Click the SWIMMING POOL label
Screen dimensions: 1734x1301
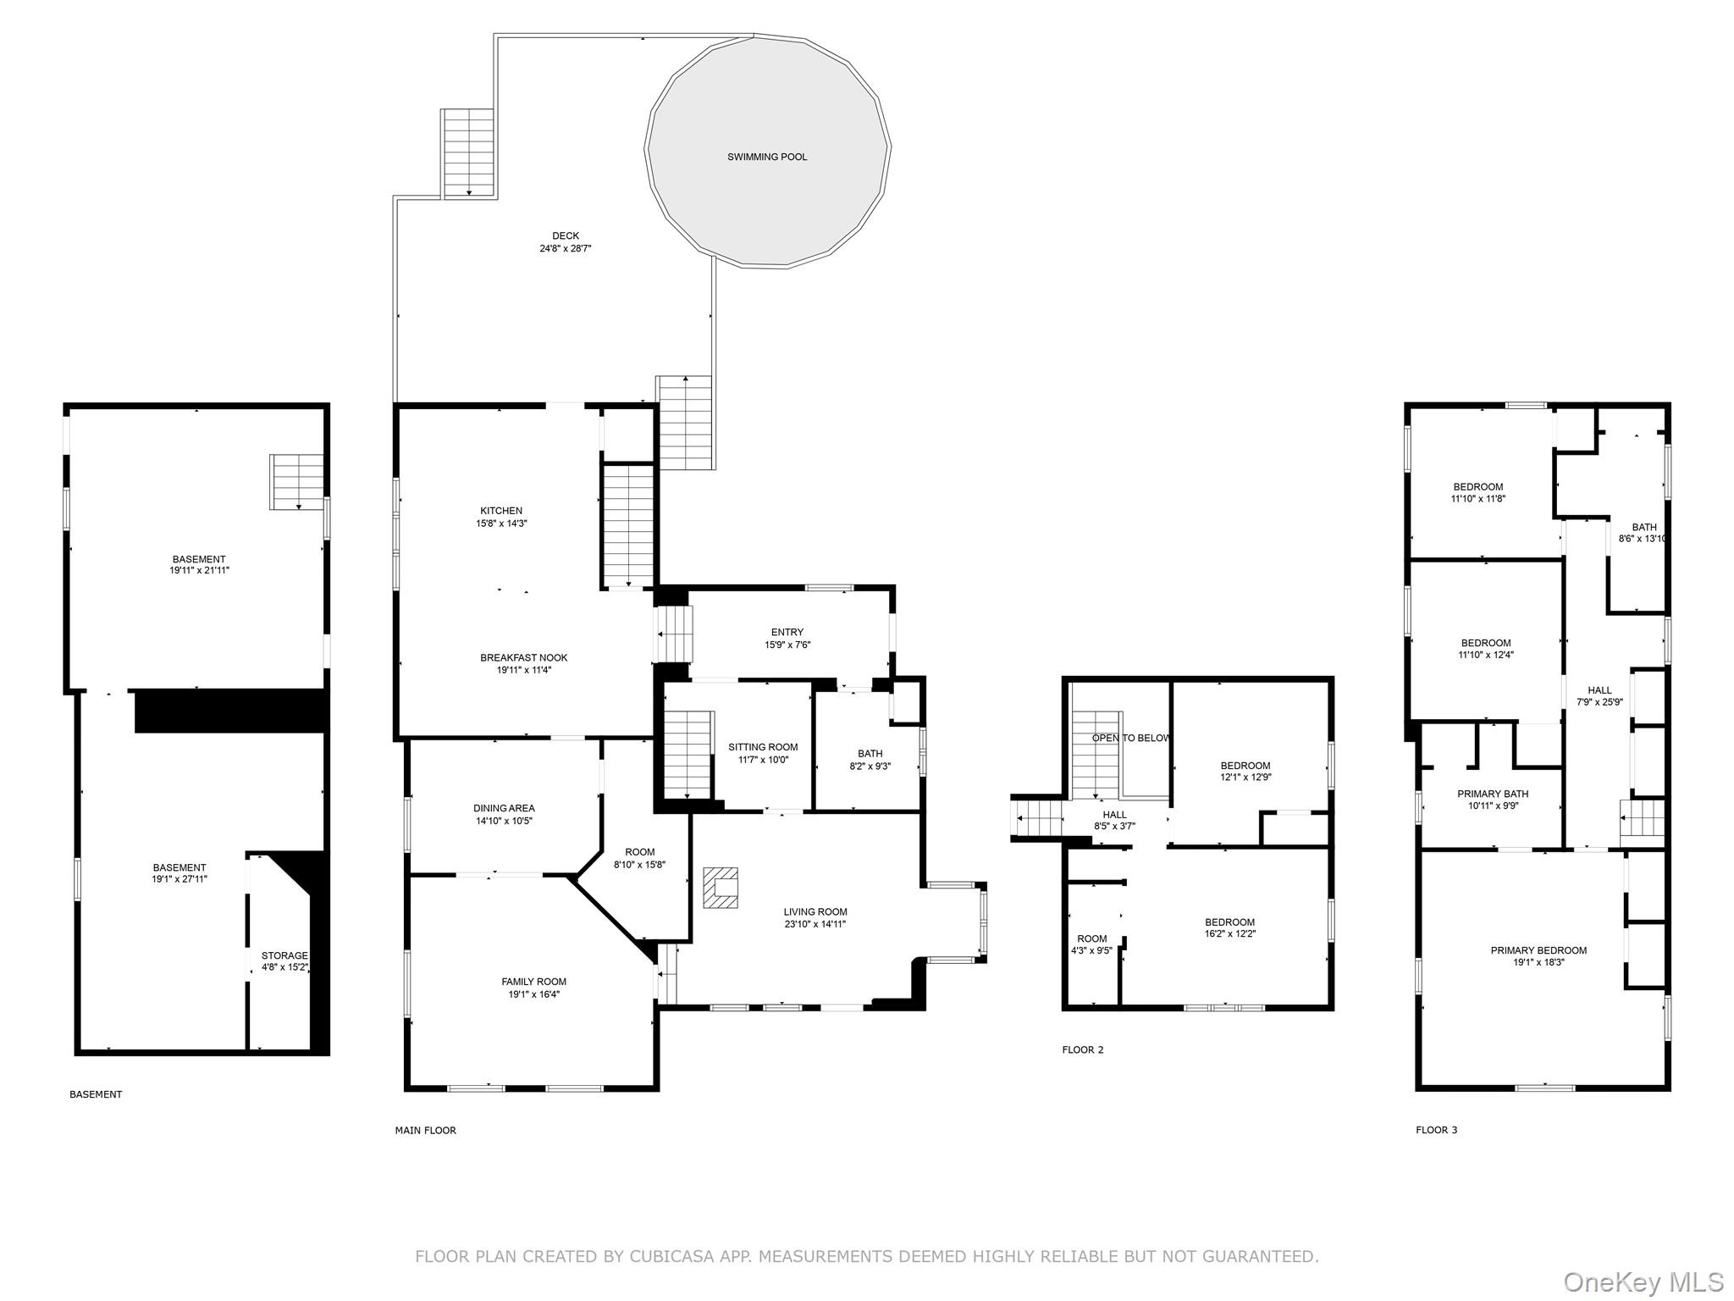click(767, 157)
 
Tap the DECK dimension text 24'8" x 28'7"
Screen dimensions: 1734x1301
click(566, 249)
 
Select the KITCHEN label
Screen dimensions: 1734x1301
click(501, 511)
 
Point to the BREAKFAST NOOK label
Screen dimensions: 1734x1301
click(523, 657)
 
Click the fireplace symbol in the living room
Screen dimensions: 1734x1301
click(720, 887)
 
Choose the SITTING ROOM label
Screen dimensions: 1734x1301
click(763, 747)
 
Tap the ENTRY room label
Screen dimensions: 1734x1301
click(787, 632)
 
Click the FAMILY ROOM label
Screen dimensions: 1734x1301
click(533, 982)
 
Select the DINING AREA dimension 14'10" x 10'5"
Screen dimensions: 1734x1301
click(504, 821)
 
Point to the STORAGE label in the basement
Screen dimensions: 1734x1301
click(284, 955)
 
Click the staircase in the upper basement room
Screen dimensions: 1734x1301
click(297, 481)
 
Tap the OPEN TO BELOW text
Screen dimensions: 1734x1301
click(1131, 738)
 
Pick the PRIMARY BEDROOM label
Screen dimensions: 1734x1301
click(1538, 950)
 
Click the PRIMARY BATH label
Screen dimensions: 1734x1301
click(1493, 794)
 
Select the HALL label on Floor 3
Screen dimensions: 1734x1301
click(1599, 689)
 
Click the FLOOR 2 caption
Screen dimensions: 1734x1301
click(1083, 1049)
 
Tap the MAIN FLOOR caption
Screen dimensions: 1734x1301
click(425, 1130)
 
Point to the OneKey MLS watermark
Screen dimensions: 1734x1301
click(1643, 1282)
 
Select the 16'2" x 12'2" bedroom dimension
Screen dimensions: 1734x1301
click(1229, 934)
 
